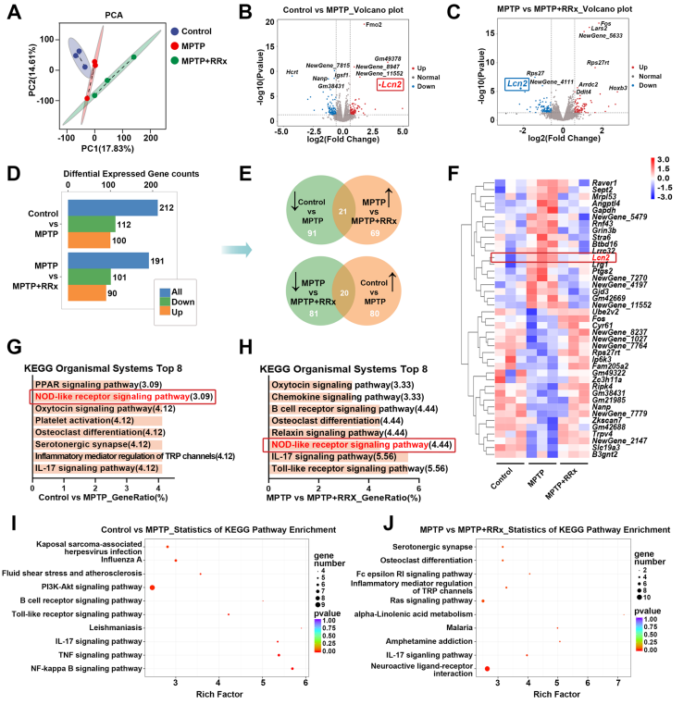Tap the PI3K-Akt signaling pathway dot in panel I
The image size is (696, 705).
point(152,587)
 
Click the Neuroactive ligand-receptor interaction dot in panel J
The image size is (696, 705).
point(487,667)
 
